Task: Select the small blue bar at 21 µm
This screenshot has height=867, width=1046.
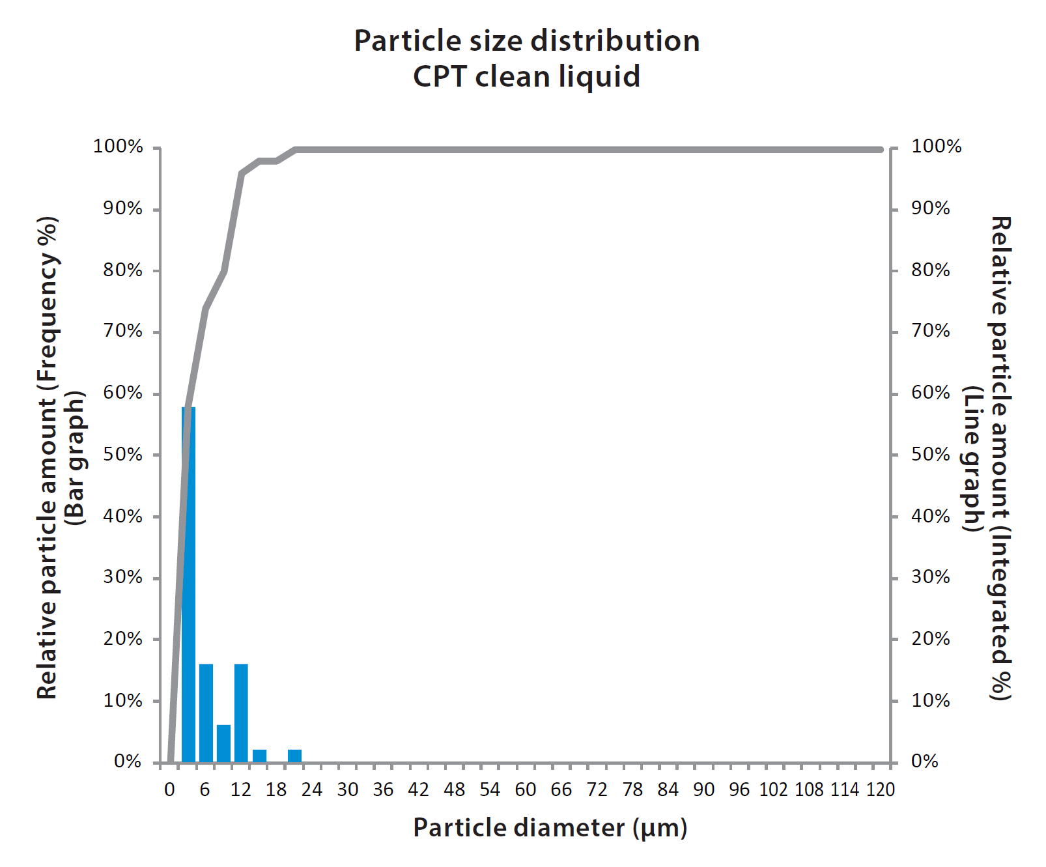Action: [x=294, y=756]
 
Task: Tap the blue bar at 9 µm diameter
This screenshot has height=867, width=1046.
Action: [x=223, y=743]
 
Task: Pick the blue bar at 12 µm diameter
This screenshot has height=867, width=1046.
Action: [x=241, y=713]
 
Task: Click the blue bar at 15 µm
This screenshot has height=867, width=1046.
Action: [x=259, y=756]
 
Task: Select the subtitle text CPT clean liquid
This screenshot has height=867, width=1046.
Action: [x=526, y=77]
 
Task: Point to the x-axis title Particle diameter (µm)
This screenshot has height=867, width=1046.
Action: [x=550, y=828]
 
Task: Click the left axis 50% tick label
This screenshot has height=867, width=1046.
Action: [x=122, y=455]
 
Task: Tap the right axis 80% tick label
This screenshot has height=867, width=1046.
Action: [x=930, y=270]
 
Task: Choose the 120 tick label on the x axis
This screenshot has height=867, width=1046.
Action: [x=880, y=790]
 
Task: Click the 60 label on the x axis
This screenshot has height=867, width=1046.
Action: [x=525, y=790]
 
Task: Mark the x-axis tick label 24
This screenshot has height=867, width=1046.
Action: [x=311, y=790]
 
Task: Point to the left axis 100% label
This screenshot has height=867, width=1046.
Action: [x=118, y=147]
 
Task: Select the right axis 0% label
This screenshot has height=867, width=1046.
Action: [x=924, y=761]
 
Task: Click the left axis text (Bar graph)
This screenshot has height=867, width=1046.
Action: [x=76, y=457]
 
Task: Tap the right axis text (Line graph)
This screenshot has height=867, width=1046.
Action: [x=972, y=457]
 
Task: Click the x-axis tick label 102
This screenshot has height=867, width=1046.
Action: [x=774, y=790]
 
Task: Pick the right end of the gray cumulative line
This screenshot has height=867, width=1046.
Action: [x=881, y=150]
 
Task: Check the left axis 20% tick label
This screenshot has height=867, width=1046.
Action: [x=122, y=639]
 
